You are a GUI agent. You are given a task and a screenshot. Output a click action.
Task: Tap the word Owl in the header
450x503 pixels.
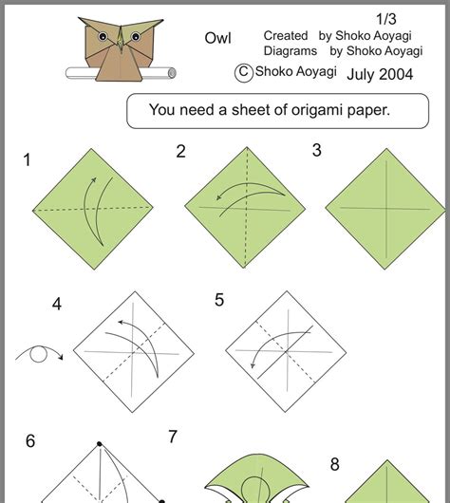click(217, 38)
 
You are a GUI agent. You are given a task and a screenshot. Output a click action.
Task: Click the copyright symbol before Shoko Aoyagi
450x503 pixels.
click(243, 71)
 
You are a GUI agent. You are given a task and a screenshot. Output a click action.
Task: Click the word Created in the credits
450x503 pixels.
click(286, 35)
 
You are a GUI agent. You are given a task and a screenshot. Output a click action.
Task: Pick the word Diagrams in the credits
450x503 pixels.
click(291, 51)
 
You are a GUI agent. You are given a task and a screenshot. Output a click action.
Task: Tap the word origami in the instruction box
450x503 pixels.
click(304, 110)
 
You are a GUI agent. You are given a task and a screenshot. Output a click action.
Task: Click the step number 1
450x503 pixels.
click(28, 160)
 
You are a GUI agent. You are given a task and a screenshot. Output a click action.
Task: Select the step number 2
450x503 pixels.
click(180, 151)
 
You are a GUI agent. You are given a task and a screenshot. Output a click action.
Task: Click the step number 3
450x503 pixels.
click(317, 150)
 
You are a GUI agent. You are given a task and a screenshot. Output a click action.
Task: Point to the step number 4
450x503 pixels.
click(57, 304)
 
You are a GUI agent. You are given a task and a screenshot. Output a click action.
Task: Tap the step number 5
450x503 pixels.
click(219, 300)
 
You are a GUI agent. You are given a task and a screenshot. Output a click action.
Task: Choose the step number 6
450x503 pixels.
click(30, 440)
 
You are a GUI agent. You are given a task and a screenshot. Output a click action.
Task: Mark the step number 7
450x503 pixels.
click(173, 437)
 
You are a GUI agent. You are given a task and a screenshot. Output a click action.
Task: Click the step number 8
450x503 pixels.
click(335, 464)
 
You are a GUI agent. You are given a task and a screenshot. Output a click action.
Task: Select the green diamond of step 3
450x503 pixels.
click(384, 208)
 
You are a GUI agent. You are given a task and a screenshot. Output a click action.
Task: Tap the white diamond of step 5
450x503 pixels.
click(284, 349)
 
